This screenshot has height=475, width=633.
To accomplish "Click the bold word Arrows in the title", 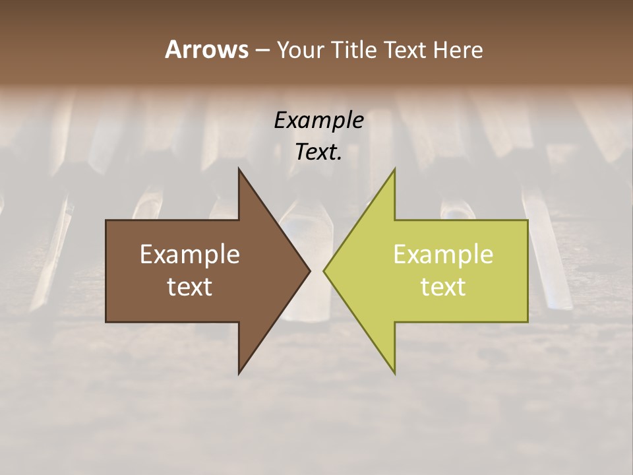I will pos(206,49).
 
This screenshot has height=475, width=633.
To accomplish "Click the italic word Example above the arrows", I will pos(318,120).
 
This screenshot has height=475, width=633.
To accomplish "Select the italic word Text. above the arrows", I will pos(318,152).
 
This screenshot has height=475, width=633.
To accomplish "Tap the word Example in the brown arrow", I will pos(190,255).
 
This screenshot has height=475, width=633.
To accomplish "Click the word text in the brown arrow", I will pos(190,286).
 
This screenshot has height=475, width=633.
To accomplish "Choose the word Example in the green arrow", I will pos(443,255).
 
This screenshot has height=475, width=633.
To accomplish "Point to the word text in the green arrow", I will pos(443,286).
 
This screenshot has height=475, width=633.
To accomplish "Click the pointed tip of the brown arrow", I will pos(310,271).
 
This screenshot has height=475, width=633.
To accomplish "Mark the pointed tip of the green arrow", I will pos(324,271).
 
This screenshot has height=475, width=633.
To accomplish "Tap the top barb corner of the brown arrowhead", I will pos(239,169).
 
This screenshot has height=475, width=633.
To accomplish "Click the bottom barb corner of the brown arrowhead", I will pos(239,373).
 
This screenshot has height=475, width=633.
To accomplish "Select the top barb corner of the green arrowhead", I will pos(394,169).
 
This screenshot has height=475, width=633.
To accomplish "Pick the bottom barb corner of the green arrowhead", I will pos(394,373).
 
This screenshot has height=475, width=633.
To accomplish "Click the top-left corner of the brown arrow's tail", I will pos(106,220).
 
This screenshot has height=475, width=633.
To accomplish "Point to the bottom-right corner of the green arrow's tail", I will pos(527,322).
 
